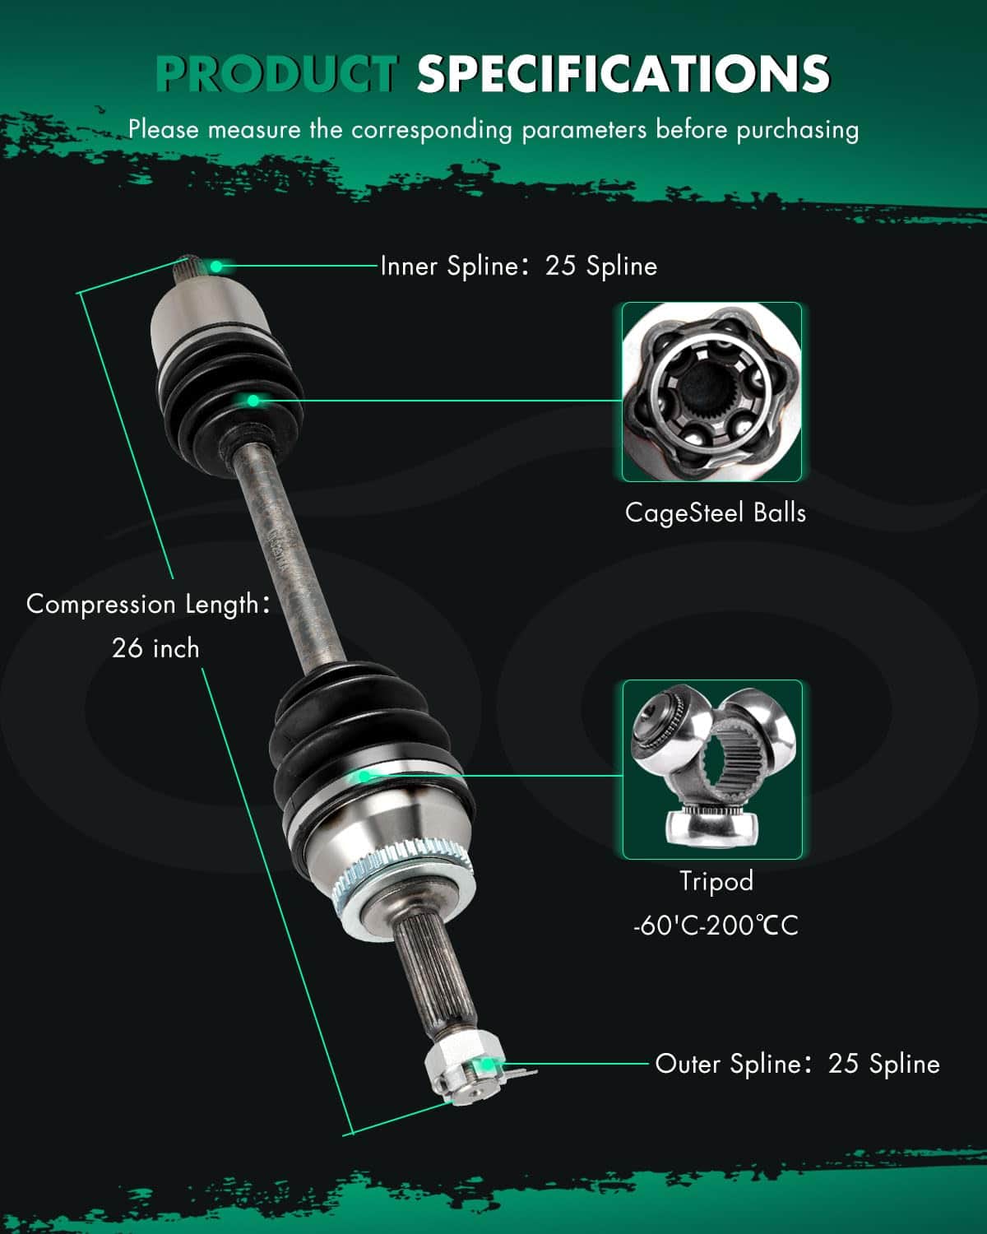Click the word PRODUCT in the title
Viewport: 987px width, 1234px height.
point(277,73)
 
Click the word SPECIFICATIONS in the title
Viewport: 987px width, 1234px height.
point(623,73)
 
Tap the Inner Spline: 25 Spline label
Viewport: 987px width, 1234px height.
point(518,266)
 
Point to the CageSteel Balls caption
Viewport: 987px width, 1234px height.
point(715,513)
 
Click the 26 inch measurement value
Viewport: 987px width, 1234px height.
point(155,648)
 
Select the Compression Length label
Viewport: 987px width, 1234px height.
point(147,605)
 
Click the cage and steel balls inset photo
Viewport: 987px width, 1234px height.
point(711,392)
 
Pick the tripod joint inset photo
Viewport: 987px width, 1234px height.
point(712,769)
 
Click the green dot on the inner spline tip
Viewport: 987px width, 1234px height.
point(216,266)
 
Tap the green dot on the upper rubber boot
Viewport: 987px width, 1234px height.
point(253,401)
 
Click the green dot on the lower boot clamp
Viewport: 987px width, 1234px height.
point(364,777)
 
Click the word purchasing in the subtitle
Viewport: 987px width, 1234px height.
point(798,131)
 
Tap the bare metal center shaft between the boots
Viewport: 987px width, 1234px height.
point(289,559)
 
